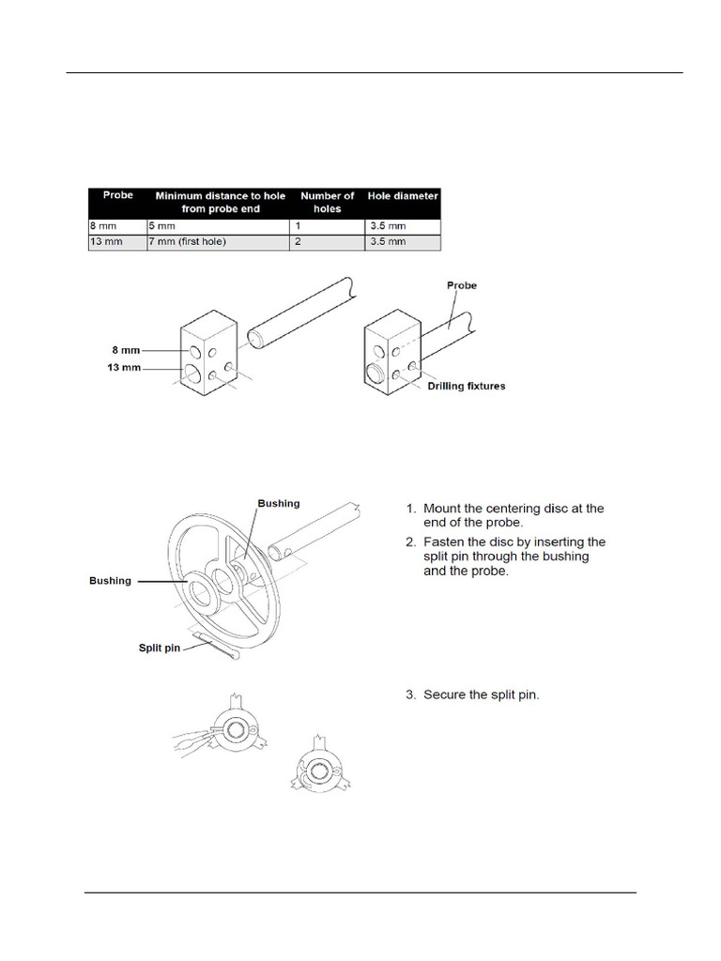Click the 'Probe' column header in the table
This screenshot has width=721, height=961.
coord(118,196)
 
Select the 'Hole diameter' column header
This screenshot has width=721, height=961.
coord(403,196)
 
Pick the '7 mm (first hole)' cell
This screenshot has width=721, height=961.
coord(188,242)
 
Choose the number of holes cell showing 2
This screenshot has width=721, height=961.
coord(299,242)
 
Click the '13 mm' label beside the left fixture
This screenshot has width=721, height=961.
coord(124,367)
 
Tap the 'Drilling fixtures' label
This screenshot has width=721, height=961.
coord(467,387)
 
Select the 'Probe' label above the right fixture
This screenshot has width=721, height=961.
coord(462,286)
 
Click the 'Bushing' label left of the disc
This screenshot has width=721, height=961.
coord(110,581)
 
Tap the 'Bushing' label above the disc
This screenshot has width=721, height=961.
coord(279,504)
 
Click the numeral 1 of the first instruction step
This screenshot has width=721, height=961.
coord(409,509)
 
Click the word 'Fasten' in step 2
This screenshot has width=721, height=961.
coord(446,542)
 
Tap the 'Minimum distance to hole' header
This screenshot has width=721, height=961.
coord(220,196)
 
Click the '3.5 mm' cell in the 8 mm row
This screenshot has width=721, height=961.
coord(387,226)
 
